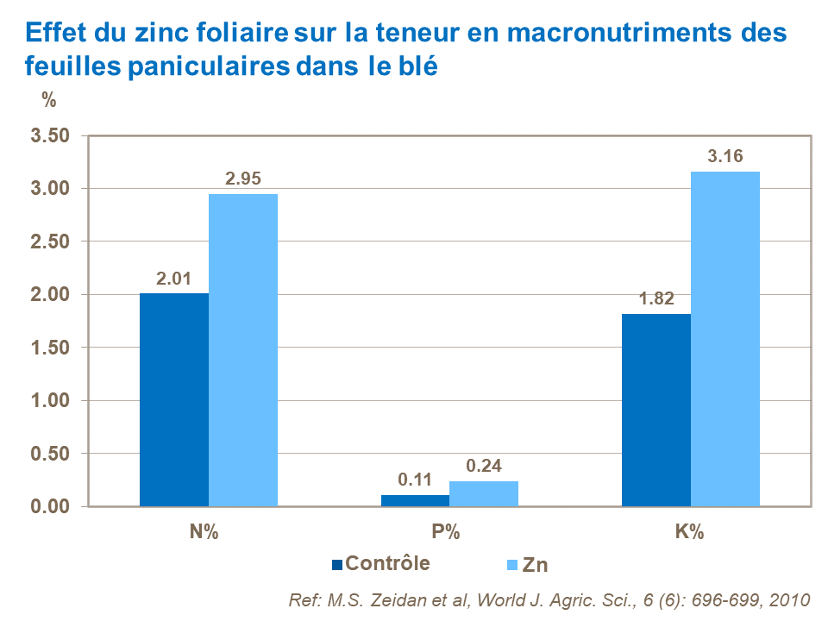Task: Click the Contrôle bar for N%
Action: [174, 399]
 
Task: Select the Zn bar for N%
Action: [243, 350]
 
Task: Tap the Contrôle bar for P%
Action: [415, 500]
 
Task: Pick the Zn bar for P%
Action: [484, 493]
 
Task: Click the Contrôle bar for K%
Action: [656, 410]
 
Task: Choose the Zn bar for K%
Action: [725, 339]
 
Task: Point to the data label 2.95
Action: [243, 179]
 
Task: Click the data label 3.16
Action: [725, 157]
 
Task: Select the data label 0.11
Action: [415, 480]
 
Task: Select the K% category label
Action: [690, 532]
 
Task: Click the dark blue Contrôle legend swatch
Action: [337, 565]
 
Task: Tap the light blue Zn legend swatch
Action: [511, 565]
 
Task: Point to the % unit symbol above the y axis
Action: [49, 100]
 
